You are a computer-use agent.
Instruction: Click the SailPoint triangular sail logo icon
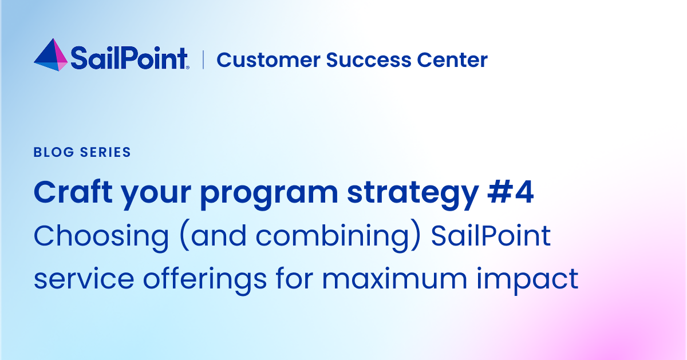[51, 56]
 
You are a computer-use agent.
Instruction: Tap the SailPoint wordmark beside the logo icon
[129, 58]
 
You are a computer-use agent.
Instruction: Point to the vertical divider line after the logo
[203, 60]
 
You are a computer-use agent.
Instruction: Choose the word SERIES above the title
[103, 152]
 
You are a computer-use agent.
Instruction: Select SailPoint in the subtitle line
[491, 236]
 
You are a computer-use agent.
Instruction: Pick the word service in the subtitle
[80, 279]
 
